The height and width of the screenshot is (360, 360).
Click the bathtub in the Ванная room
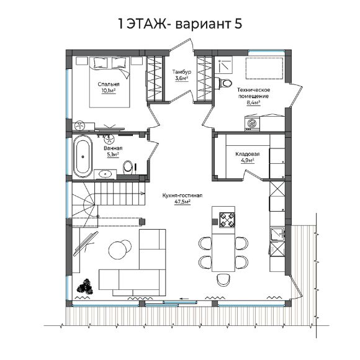click(83, 156)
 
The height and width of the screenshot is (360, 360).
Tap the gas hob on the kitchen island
click(227, 220)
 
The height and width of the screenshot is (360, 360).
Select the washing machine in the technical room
click(252, 124)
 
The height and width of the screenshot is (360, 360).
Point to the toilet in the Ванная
click(128, 167)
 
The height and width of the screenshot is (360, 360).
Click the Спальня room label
click(109, 84)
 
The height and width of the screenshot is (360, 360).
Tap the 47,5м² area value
click(182, 202)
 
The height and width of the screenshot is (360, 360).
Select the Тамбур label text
click(182, 72)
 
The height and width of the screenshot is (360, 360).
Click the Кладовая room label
click(248, 154)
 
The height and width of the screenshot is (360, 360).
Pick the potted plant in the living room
click(86, 286)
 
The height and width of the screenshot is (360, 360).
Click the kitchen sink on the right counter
click(277, 234)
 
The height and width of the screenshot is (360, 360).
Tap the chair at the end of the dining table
click(223, 280)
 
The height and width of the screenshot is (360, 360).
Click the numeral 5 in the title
click(238, 24)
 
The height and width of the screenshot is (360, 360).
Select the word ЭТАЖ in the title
click(146, 24)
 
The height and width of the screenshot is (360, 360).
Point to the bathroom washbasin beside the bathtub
click(106, 174)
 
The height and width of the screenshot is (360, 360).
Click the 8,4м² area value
click(253, 102)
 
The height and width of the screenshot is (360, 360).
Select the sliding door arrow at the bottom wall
click(184, 299)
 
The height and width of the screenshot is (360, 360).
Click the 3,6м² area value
click(182, 78)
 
